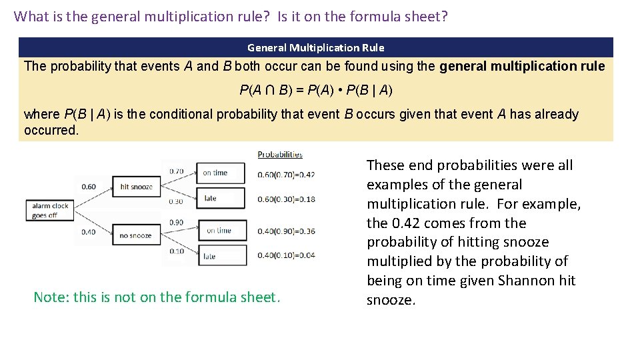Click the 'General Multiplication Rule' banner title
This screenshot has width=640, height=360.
[x=315, y=47]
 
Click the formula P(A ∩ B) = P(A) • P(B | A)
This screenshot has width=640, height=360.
[x=315, y=90]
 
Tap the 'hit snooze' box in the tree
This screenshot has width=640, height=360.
[x=136, y=187]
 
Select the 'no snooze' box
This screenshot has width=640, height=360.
[x=136, y=235]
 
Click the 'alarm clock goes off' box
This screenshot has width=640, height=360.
[x=50, y=211]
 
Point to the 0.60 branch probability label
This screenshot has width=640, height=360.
[x=89, y=187]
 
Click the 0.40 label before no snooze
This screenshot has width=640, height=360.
[x=89, y=232]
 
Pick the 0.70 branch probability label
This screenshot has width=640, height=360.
[x=177, y=171]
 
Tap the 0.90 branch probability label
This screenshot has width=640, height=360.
[x=177, y=222]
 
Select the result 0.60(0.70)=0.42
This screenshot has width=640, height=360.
[x=286, y=175]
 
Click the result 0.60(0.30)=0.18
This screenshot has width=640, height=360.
[x=286, y=199]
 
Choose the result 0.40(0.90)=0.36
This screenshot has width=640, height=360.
[x=286, y=231]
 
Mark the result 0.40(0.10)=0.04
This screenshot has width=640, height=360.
[x=286, y=255]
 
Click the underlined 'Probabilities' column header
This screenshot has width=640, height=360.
[x=280, y=154]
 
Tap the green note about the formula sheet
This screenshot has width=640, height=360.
[x=157, y=297]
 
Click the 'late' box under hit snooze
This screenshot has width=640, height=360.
[x=221, y=198]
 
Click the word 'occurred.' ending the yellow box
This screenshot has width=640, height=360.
[x=51, y=130]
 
